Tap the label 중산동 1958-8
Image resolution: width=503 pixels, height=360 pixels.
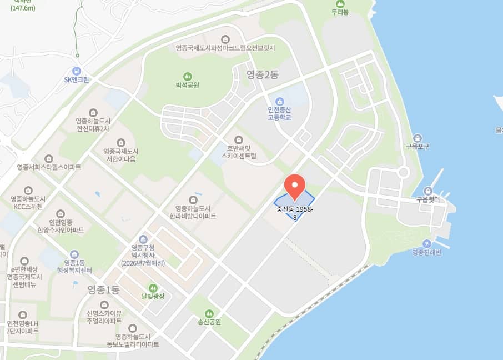295,213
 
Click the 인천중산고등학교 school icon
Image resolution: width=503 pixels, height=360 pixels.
279,101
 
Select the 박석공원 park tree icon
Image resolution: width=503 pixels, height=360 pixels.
188,76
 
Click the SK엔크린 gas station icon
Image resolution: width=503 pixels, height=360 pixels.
77,71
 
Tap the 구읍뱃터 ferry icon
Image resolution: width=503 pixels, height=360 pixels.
428,189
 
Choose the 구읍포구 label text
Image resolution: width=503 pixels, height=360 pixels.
417,147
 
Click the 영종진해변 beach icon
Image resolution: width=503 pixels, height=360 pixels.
426,243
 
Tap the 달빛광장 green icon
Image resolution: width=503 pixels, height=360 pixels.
145,287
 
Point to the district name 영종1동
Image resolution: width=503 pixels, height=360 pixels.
103,289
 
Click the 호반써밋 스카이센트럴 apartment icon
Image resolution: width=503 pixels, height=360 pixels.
239,139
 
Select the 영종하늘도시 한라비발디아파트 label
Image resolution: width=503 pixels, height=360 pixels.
193,212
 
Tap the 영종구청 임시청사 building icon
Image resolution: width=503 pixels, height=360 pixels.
143,239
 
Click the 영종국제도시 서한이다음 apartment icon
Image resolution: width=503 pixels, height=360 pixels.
120,142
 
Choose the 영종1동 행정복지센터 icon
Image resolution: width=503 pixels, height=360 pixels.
74,253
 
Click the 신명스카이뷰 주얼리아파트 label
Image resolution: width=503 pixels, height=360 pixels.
104,317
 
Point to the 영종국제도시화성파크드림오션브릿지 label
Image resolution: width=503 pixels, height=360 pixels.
225,48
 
